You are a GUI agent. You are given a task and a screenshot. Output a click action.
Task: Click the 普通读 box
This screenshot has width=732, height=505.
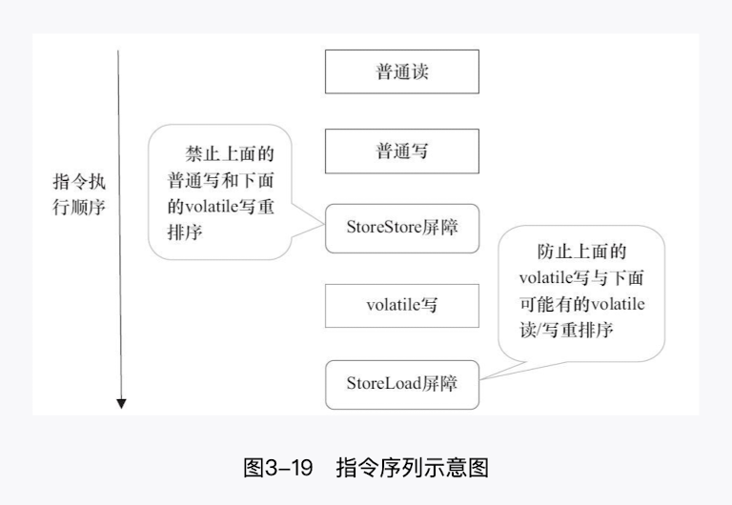click(401, 71)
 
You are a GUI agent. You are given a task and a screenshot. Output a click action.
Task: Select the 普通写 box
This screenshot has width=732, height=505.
click(401, 151)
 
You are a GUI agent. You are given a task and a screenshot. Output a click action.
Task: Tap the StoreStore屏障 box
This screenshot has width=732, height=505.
click(401, 229)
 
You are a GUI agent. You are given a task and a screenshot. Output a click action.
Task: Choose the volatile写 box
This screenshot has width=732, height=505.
click(401, 306)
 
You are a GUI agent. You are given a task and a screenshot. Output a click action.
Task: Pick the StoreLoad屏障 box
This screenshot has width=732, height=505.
click(401, 384)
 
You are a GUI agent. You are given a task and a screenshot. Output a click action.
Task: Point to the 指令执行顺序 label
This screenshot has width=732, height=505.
click(79, 193)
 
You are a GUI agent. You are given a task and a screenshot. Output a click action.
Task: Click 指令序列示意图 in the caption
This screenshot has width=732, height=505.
click(412, 469)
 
